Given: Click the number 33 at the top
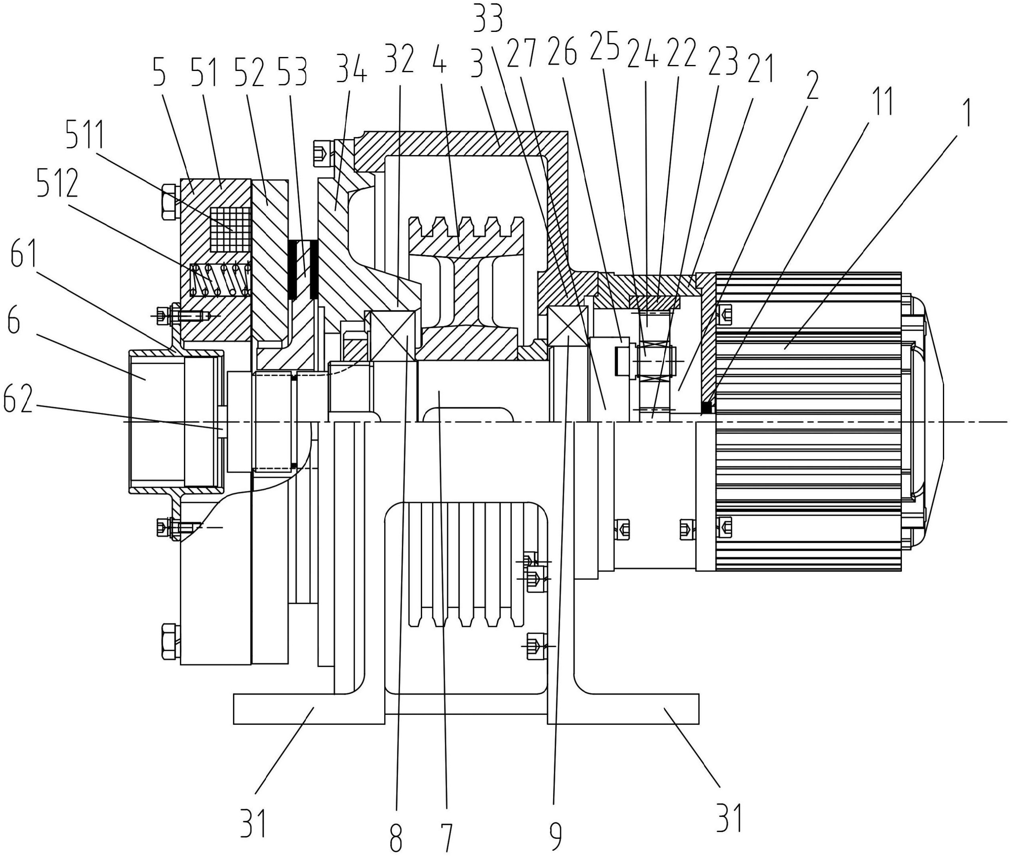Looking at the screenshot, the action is click(488, 18).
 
